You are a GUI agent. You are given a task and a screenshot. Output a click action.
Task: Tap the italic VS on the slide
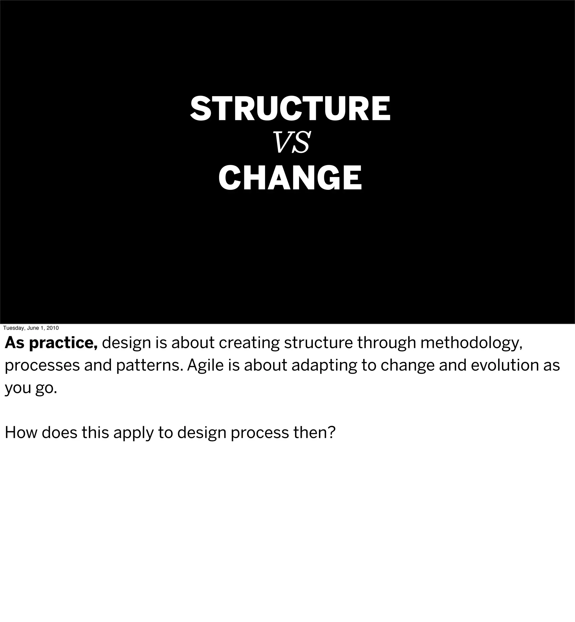pos(291,143)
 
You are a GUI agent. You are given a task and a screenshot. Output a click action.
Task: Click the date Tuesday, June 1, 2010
pos(31,328)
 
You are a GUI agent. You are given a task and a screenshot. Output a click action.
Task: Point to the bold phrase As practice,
pos(51,343)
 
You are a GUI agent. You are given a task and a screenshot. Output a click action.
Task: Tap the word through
pos(386,343)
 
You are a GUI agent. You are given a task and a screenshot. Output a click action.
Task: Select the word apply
pos(133,433)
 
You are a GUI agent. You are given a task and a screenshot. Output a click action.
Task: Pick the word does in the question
pos(59,433)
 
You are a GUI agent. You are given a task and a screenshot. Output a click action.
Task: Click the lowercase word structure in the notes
pos(318,343)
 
